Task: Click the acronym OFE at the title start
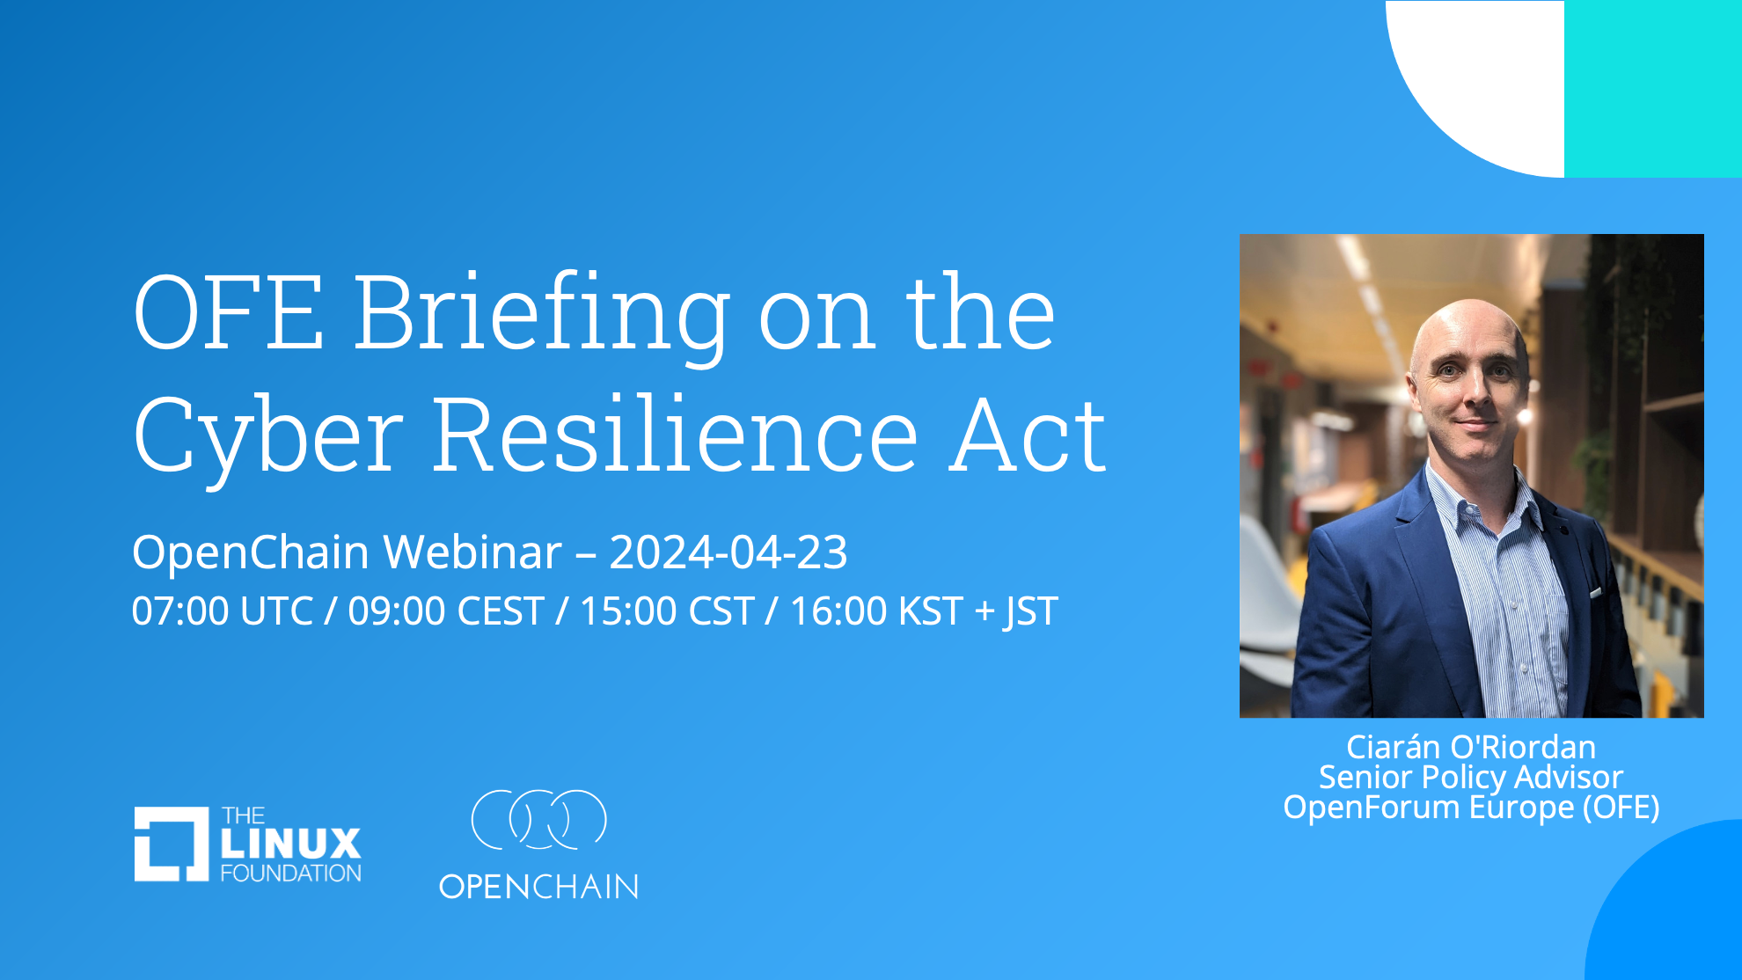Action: pyautogui.click(x=228, y=313)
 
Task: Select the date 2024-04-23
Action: pyautogui.click(x=728, y=552)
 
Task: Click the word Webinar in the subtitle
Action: pyautogui.click(x=472, y=552)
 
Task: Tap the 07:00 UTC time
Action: pyautogui.click(x=223, y=611)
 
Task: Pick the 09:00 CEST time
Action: pyautogui.click(x=446, y=611)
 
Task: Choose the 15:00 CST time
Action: pyautogui.click(x=667, y=611)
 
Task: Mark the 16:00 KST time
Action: pyautogui.click(x=876, y=611)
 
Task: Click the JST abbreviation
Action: pyautogui.click(x=1031, y=611)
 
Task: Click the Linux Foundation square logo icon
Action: pyautogui.click(x=172, y=844)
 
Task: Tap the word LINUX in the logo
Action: pyautogui.click(x=290, y=844)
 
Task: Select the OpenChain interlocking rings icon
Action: pyautogui.click(x=539, y=819)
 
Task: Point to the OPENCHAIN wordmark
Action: pyautogui.click(x=538, y=887)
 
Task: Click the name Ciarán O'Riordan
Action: pyautogui.click(x=1471, y=747)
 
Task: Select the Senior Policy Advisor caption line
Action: pyautogui.click(x=1471, y=777)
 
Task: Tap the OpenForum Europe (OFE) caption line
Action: pyautogui.click(x=1471, y=808)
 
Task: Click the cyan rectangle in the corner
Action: pyautogui.click(x=1653, y=89)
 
